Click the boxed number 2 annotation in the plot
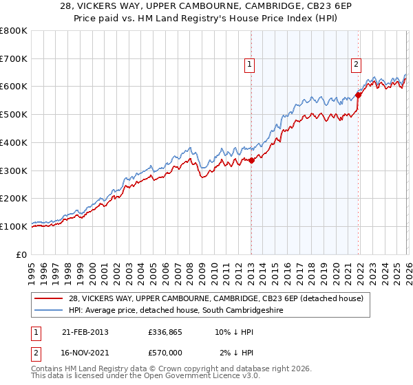pyautogui.click(x=356, y=65)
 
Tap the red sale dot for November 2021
pyautogui.click(x=359, y=95)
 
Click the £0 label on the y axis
pyautogui.click(x=23, y=254)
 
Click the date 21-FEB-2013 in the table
pyautogui.click(x=85, y=332)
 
